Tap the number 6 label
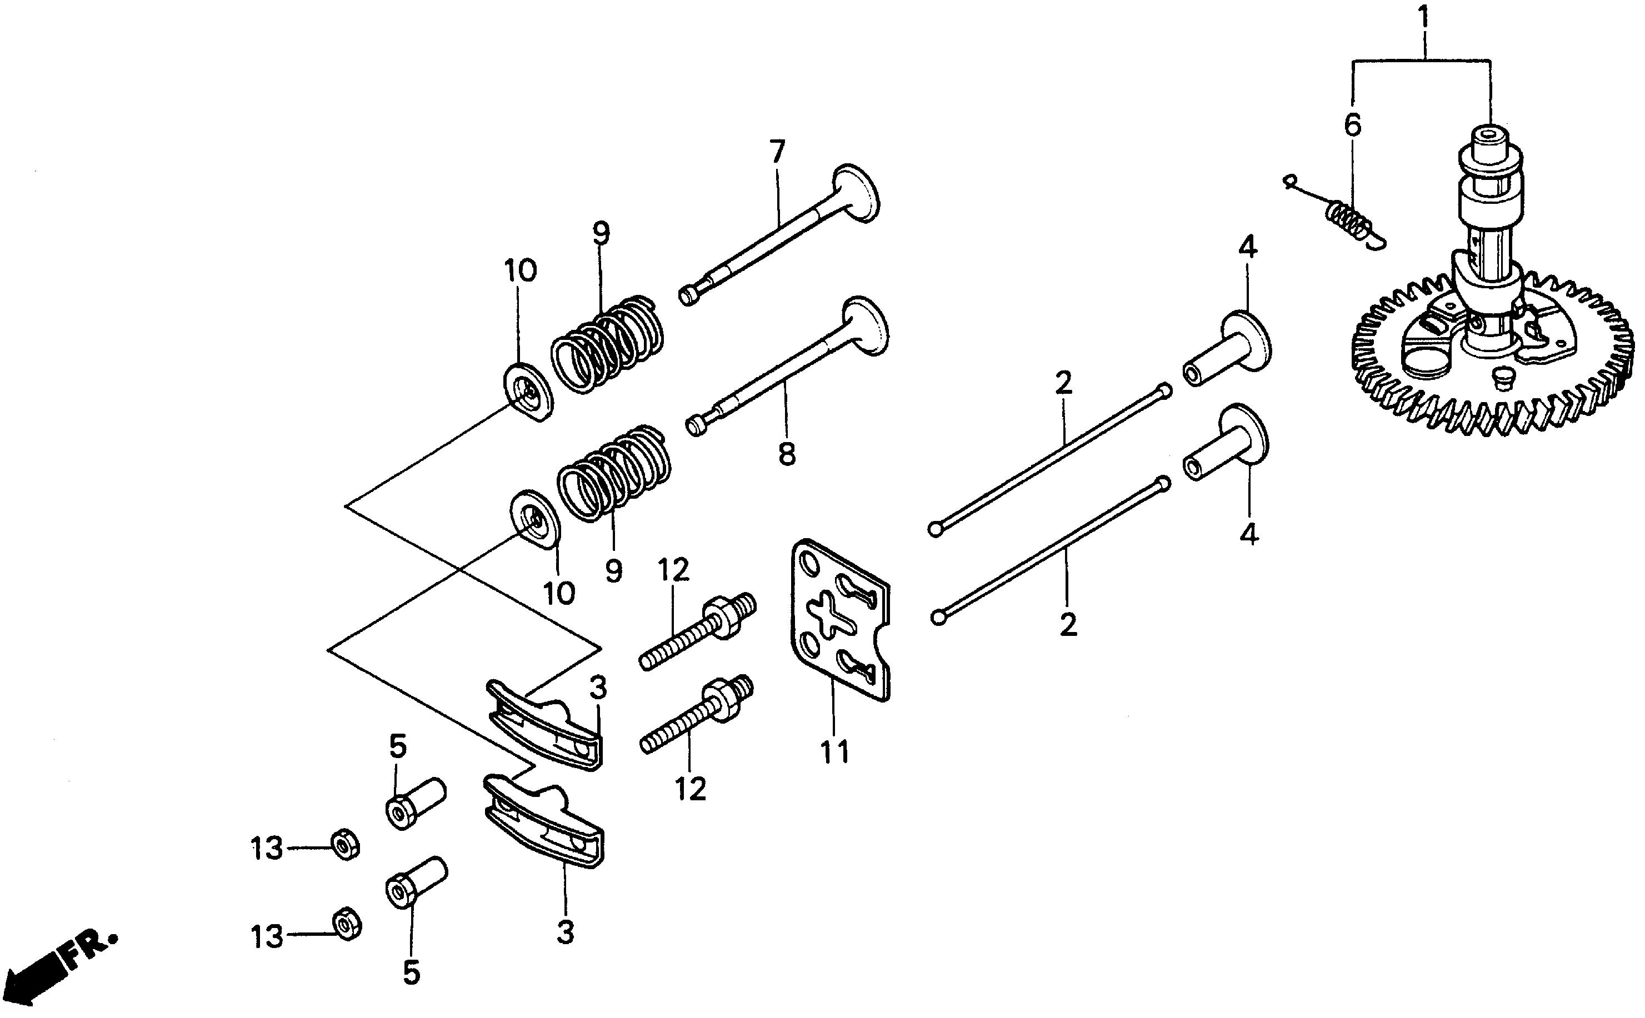click(x=1353, y=125)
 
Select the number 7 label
click(x=778, y=152)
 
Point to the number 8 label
click(x=787, y=454)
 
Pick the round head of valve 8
click(x=866, y=326)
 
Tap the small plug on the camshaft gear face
click(x=1500, y=377)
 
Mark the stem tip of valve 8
click(x=696, y=425)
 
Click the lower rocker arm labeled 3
click(x=544, y=821)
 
